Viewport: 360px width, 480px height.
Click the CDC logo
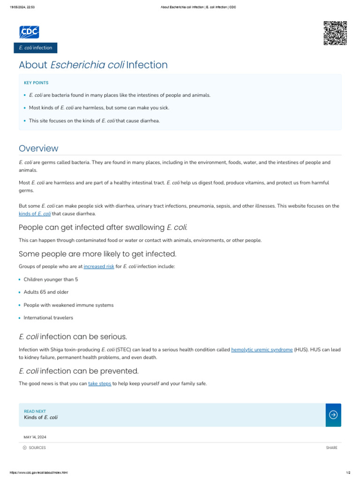(29, 32)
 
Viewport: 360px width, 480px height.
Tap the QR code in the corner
(335, 33)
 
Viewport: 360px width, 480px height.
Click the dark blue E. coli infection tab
(36, 48)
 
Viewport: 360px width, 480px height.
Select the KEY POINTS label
(36, 83)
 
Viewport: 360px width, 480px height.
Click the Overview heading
(38, 149)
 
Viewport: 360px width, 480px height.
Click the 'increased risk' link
(99, 266)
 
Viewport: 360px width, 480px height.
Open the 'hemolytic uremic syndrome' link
(262, 350)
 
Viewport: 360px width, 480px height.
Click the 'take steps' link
(99, 383)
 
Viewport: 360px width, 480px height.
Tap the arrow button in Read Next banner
(333, 415)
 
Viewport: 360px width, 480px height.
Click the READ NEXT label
(35, 411)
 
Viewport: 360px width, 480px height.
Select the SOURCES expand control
(35, 448)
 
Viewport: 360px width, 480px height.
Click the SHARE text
(331, 448)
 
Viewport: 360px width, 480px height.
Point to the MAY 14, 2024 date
(35, 437)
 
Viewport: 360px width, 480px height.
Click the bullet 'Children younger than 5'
(51, 279)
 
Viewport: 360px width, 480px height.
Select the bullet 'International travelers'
(48, 318)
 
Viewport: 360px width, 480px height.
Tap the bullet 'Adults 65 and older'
(46, 292)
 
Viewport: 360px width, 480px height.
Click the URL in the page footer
(36, 472)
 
